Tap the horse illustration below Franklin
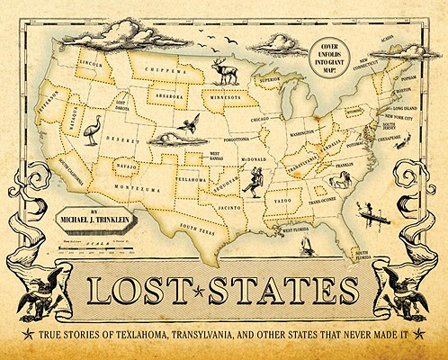340,181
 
